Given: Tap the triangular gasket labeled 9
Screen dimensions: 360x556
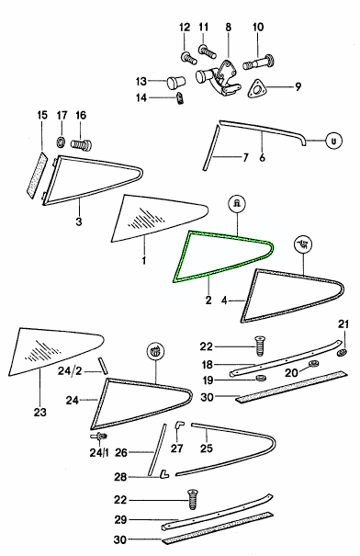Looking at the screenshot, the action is pos(256,88).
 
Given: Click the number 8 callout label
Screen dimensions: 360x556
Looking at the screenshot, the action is pos(228,27).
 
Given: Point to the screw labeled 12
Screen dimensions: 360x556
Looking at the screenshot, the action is pos(189,58).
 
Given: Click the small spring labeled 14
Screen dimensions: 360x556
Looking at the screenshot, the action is pos(180,97).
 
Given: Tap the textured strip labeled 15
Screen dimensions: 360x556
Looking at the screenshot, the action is pos(37,176).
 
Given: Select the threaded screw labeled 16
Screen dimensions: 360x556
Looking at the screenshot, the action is pos(82,144).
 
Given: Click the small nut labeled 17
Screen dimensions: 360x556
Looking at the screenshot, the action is pos(62,142).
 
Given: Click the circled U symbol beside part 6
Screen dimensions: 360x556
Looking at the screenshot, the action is pos(333,141).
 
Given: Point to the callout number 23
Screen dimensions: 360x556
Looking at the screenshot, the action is pos(39,412).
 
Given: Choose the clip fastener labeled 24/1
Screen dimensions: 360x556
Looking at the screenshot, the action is pos(99,437).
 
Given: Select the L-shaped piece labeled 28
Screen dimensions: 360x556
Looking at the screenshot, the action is pos(164,473).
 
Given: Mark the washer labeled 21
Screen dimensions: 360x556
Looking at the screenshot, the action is pos(342,353).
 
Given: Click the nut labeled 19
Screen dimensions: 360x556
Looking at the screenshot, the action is pos(261,378).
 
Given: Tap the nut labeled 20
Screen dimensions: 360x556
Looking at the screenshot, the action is pos(312,363).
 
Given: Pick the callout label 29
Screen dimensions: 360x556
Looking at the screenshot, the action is pos(121,520).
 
